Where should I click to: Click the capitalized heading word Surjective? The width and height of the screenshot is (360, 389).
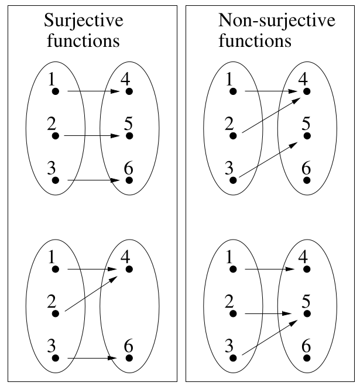84,22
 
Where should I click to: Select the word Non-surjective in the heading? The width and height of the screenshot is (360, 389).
276,22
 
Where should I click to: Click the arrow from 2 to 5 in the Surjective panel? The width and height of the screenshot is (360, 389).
94,136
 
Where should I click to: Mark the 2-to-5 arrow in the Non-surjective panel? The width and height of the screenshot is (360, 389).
272,314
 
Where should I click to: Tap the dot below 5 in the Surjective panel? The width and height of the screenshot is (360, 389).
129,136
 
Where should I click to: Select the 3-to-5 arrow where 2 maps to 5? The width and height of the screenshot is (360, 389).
272,336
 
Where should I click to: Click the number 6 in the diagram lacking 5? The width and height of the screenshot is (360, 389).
128,346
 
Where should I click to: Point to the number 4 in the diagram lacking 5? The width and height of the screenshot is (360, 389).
125,257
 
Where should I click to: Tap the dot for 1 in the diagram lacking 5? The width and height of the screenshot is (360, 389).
56,269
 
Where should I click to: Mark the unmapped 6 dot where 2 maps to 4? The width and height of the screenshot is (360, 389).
306,180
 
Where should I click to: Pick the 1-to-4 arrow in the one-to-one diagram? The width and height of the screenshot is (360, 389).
94,91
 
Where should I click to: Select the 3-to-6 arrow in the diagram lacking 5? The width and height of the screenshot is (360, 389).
94,357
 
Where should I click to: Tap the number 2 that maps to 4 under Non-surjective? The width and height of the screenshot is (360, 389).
229,124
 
